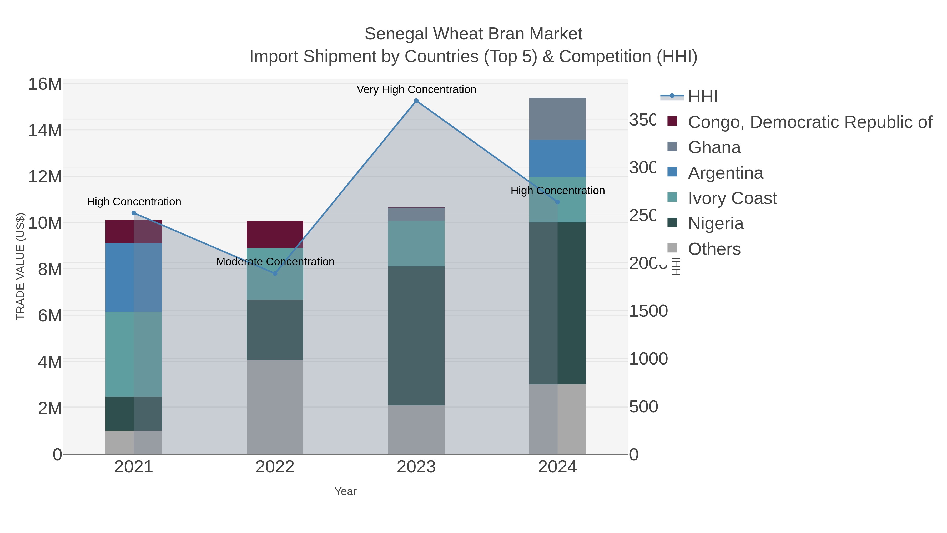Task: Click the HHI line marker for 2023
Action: pyautogui.click(x=416, y=101)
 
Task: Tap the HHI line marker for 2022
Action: pyautogui.click(x=275, y=273)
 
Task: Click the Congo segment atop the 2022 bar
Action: pyautogui.click(x=275, y=234)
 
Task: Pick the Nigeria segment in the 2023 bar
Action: pyautogui.click(x=416, y=336)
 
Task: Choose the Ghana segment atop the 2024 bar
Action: pyautogui.click(x=557, y=118)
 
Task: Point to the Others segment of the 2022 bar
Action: pyautogui.click(x=275, y=406)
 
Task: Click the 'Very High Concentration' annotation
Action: pyautogui.click(x=416, y=89)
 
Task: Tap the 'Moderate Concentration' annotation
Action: pyautogui.click(x=275, y=262)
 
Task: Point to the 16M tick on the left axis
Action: pyautogui.click(x=45, y=84)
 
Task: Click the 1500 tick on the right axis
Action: pyautogui.click(x=648, y=311)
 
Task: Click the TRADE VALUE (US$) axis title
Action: pyautogui.click(x=20, y=266)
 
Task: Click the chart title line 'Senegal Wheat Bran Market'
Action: pyautogui.click(x=473, y=34)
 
